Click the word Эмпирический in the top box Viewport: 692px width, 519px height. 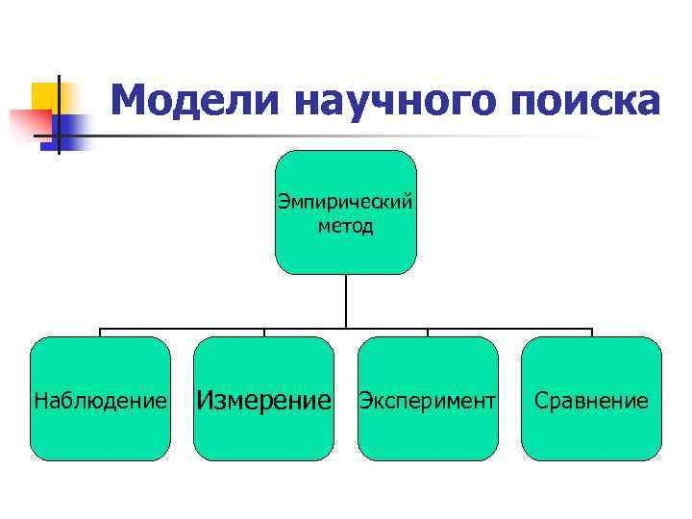[x=345, y=202]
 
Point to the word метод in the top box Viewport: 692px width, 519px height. [x=345, y=227]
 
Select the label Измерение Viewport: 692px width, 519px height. [x=264, y=399]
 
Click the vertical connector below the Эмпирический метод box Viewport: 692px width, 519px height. [x=346, y=301]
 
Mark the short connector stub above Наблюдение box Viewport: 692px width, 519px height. [x=100, y=333]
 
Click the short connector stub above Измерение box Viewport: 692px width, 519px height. [x=264, y=333]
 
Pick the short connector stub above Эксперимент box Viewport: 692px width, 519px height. [x=428, y=333]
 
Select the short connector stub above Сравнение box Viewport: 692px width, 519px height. [x=592, y=333]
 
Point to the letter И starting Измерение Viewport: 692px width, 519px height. [x=205, y=399]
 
